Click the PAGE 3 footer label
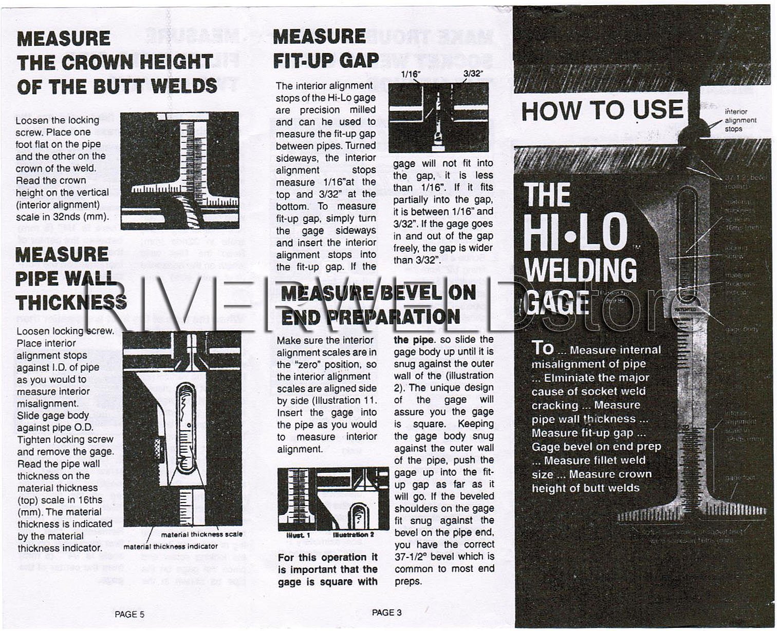[x=386, y=613]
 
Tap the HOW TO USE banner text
[x=602, y=110]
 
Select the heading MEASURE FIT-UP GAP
[x=326, y=49]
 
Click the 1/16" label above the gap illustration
[x=411, y=75]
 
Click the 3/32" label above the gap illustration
[x=473, y=73]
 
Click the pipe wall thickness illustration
[x=182, y=429]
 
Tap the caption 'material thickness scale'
[x=201, y=534]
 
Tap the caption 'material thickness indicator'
[x=170, y=546]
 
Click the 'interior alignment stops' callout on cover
[x=740, y=120]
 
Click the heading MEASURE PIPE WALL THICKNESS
[x=70, y=278]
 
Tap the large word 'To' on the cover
[x=543, y=348]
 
